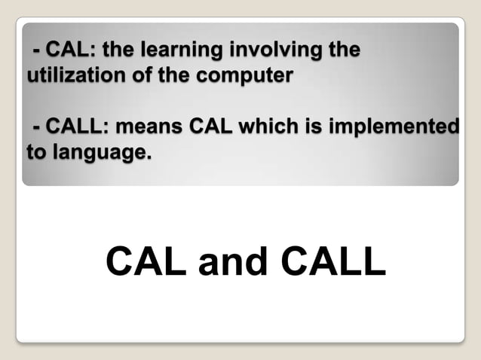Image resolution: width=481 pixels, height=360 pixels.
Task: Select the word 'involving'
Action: (277, 51)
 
